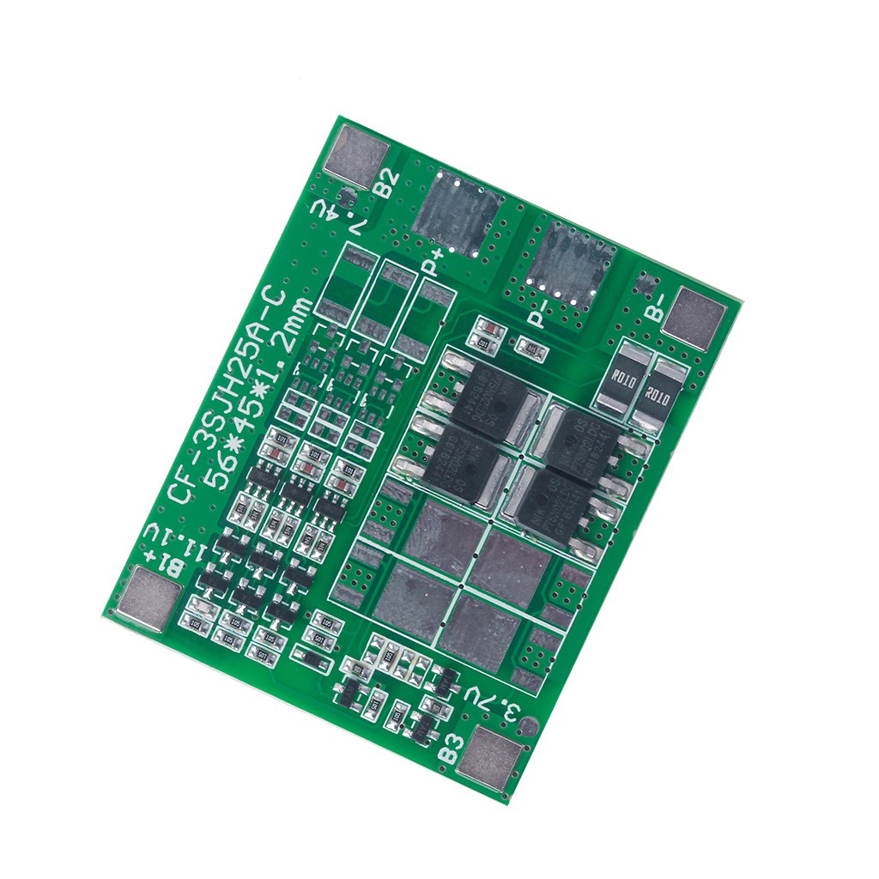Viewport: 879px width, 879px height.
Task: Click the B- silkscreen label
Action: [x=657, y=306]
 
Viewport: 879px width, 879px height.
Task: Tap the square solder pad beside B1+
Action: [x=155, y=597]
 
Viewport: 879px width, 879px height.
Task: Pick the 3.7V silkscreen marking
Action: [x=495, y=702]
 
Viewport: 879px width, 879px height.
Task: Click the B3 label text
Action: [x=452, y=748]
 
